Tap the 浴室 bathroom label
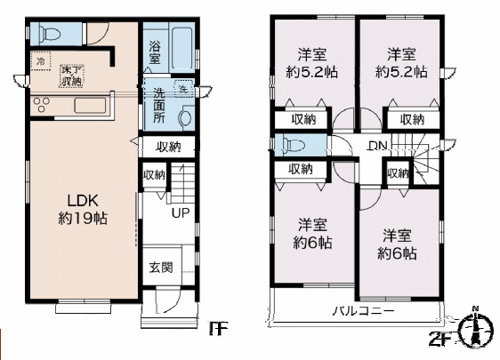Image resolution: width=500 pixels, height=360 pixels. tap(154, 52)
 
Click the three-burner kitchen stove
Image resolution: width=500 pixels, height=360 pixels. tap(44, 107)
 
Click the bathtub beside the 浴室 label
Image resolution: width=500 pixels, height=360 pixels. tap(183, 44)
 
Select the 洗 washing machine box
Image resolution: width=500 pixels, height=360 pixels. tap(181, 90)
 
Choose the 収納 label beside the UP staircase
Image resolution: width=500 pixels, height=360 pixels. tap(154, 175)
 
